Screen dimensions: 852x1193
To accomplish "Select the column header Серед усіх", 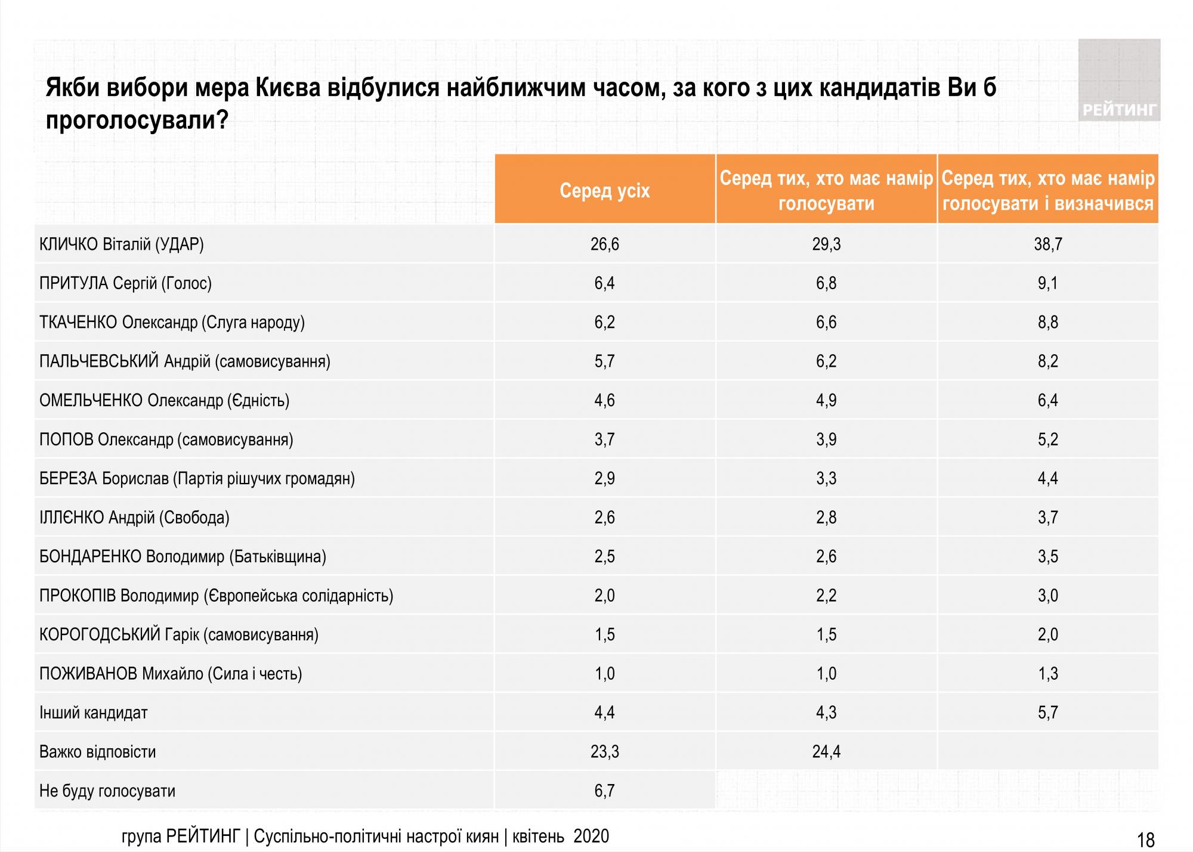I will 604,191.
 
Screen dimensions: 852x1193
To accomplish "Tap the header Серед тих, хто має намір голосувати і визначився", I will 1048,191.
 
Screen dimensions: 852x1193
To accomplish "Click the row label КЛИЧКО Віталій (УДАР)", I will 122,244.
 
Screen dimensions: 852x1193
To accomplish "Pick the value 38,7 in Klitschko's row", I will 1048,244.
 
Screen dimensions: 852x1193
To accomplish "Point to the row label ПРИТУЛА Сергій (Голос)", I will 125,283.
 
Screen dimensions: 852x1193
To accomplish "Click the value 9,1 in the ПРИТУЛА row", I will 1048,283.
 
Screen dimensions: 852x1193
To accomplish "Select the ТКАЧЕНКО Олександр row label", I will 172,323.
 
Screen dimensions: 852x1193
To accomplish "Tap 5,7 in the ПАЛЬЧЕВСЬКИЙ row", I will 604,361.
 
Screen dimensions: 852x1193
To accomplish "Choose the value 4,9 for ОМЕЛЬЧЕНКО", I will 826,401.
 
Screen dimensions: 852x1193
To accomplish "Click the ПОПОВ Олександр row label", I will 166,440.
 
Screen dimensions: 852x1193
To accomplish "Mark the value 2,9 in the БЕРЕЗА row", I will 604,479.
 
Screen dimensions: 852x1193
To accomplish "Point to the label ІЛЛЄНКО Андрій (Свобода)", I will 134,518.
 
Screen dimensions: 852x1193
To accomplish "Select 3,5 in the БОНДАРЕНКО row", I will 1048,557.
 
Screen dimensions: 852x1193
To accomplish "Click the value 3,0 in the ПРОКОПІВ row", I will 1048,596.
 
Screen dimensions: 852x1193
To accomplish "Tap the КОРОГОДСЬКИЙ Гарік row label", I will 179,635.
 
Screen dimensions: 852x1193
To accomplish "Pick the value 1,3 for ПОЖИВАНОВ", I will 1048,674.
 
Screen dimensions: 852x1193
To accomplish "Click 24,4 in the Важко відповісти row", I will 826,752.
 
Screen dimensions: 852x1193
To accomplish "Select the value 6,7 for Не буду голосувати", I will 604,791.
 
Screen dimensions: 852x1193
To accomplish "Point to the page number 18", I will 1146,840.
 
